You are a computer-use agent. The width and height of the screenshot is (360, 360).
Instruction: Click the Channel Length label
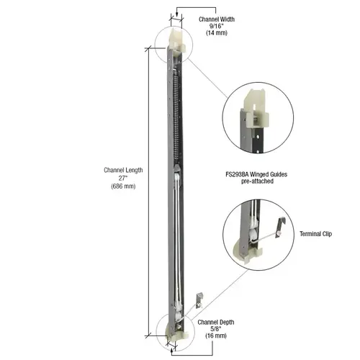[123, 170]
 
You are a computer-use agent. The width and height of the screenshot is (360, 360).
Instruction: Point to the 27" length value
[123, 178]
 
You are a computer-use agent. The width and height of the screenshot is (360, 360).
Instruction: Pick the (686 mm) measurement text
[123, 186]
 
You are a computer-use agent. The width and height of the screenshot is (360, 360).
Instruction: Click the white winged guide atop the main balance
[176, 37]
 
